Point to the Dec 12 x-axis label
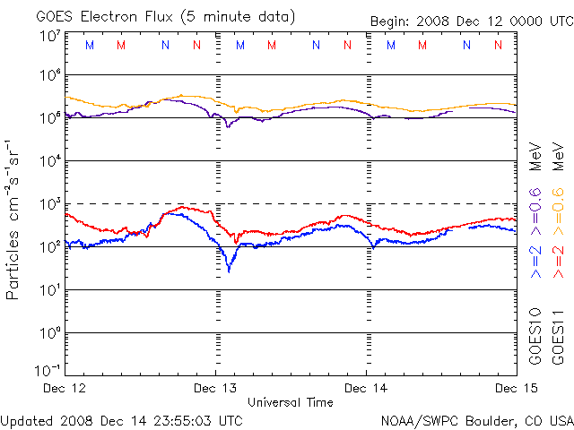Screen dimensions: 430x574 [65, 388]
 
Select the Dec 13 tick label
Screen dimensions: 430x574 [215, 388]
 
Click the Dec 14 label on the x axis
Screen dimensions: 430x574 [366, 388]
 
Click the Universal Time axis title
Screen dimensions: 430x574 [290, 402]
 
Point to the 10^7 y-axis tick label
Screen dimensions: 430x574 [50, 35]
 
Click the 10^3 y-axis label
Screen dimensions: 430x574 [50, 204]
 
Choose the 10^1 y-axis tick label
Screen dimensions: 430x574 [50, 290]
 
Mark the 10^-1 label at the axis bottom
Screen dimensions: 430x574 [48, 370]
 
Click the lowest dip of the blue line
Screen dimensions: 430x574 [229, 270]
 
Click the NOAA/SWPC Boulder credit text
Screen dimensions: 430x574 [476, 419]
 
